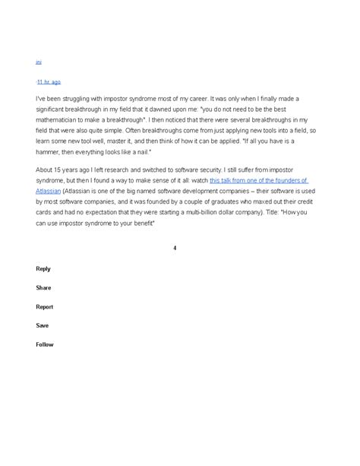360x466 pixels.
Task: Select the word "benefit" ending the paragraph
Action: tap(141, 223)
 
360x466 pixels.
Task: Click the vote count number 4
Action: tap(175, 248)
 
